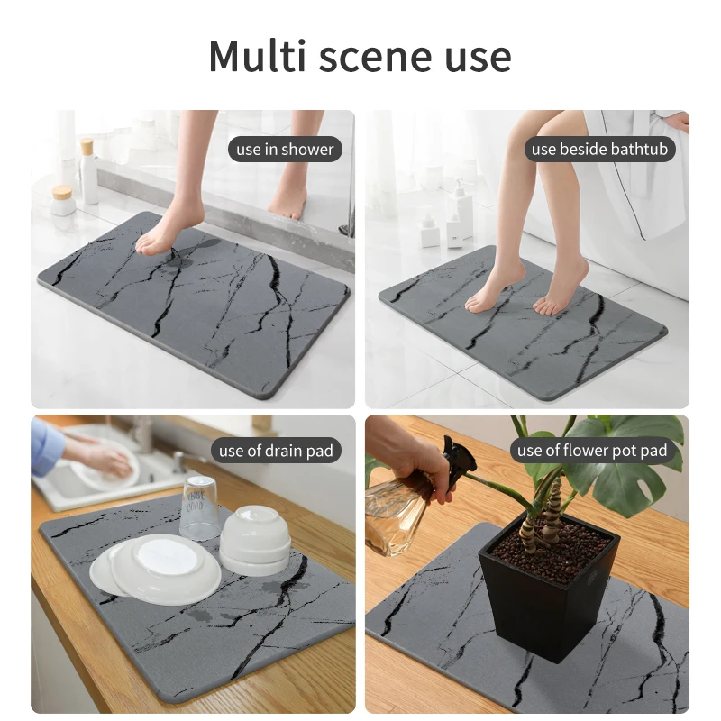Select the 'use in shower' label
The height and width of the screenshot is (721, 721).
coord(285,149)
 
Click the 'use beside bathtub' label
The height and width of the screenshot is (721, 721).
coord(599,149)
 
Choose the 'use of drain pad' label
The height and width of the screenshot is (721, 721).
coord(276,450)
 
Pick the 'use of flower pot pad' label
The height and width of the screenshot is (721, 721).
coord(592,450)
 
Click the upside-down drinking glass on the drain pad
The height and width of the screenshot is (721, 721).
coord(200,507)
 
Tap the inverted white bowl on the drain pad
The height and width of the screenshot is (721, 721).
coord(255,540)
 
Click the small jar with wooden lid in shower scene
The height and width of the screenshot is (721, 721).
coord(63,200)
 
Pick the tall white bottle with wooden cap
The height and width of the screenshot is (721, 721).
coord(87,171)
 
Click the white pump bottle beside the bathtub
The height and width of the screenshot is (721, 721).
coord(462,209)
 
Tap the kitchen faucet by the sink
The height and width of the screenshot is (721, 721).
coord(184,461)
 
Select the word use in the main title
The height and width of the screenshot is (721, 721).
coord(478,58)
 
